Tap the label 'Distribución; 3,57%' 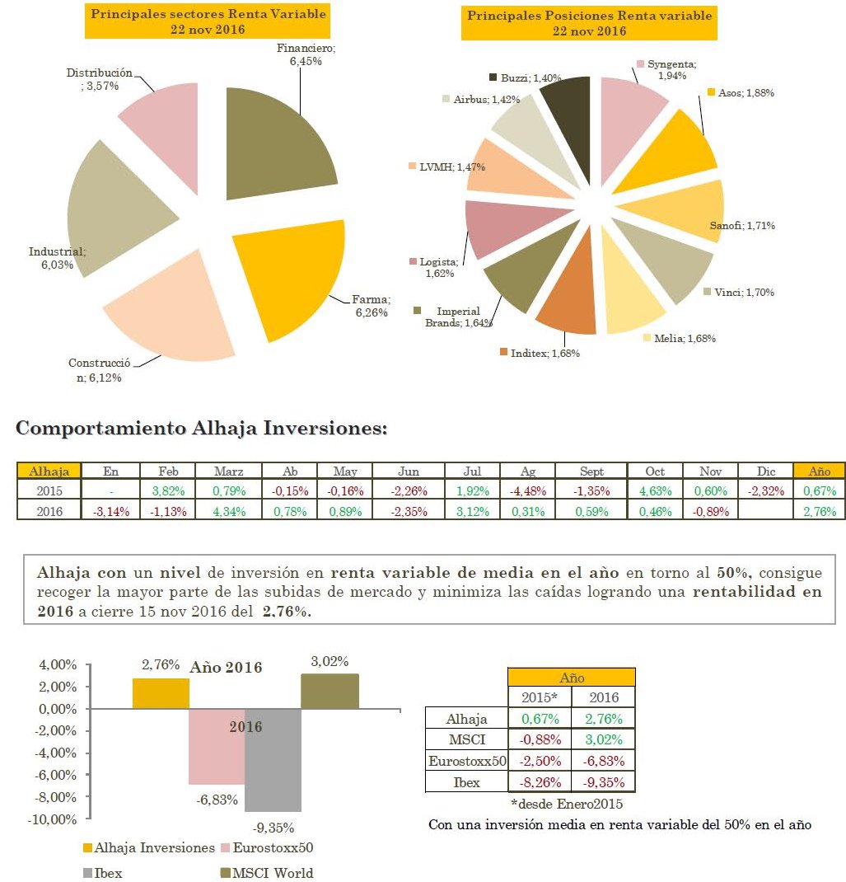click(99, 79)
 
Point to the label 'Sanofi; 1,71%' click(741, 226)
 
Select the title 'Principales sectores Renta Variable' click(208, 15)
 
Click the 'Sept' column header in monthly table click(591, 471)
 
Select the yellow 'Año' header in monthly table click(819, 471)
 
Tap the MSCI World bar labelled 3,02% click(330, 691)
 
